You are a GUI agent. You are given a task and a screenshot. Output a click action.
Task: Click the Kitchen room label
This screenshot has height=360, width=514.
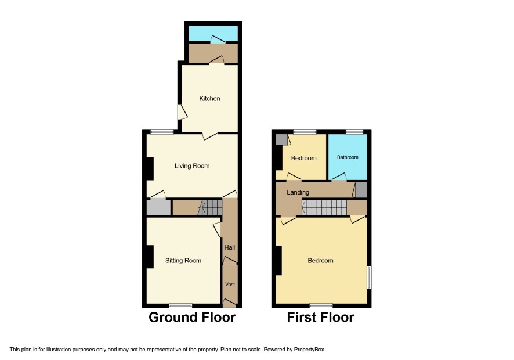[x=209, y=99]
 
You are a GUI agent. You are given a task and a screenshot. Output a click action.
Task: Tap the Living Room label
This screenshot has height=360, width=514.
[x=192, y=166]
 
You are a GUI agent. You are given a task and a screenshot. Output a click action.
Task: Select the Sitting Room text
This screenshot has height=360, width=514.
[x=183, y=261]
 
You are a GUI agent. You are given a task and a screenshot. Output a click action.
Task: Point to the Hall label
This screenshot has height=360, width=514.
[x=230, y=247]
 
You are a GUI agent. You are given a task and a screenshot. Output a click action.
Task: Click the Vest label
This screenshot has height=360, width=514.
[x=230, y=284]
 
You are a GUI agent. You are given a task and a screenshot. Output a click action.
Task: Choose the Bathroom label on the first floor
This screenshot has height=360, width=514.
[x=348, y=157]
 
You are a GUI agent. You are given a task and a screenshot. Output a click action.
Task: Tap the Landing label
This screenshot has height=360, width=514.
[x=298, y=192]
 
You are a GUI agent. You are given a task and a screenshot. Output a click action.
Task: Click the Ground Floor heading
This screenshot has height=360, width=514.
[x=192, y=318]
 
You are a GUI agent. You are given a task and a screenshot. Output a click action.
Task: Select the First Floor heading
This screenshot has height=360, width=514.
[x=321, y=318]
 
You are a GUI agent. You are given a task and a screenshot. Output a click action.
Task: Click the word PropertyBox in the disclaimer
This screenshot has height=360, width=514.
[x=309, y=350]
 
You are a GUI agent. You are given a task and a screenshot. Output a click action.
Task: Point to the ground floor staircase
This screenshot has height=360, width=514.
[x=210, y=207]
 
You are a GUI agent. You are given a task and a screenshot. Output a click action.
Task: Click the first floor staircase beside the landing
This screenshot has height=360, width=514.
[x=324, y=207]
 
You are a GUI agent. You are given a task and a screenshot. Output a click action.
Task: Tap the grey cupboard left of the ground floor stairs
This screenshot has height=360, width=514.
[x=158, y=207]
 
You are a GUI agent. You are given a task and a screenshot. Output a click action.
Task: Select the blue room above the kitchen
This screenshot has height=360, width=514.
[x=213, y=34]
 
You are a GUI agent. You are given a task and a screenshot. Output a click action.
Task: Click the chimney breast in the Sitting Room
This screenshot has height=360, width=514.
[x=150, y=257]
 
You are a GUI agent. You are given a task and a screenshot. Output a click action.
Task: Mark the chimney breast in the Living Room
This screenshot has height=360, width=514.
[x=150, y=169]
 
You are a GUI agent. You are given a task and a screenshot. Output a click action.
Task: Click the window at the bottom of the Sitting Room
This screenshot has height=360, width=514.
[x=180, y=305]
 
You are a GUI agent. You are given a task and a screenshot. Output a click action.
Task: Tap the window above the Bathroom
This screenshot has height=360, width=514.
[x=354, y=132]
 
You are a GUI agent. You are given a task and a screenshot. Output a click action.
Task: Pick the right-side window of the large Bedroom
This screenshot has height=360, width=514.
[x=369, y=278]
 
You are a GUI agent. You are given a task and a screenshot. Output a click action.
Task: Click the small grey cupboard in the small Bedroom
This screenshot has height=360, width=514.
[x=281, y=139]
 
